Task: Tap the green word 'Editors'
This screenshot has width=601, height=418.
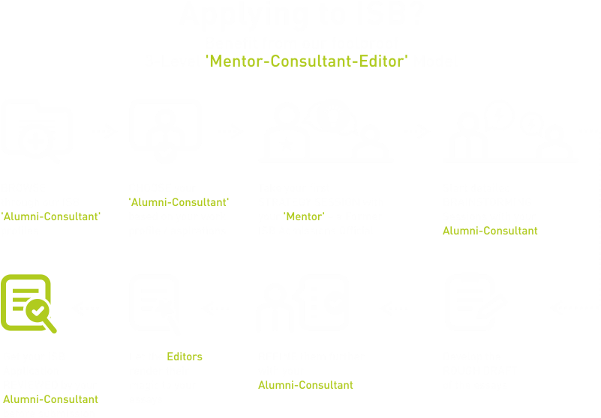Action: (185, 357)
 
